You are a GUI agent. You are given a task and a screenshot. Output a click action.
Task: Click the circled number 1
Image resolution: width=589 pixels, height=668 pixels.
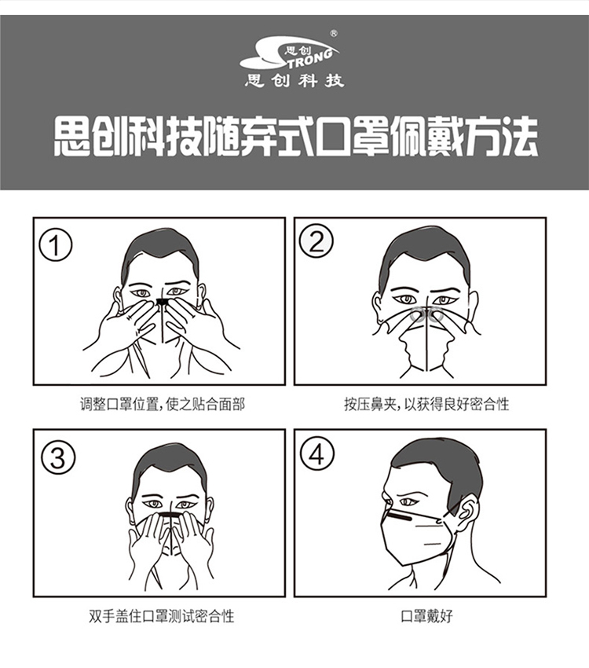tap(56, 246)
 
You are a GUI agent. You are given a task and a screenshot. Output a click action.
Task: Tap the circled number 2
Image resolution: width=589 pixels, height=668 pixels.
tap(316, 241)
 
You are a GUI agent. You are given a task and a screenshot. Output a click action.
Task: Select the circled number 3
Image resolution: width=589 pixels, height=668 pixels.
tap(58, 457)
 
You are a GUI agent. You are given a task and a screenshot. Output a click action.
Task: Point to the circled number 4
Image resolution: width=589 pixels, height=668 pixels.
tap(317, 454)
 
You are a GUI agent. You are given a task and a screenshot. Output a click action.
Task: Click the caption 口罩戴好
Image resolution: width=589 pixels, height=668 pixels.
tap(427, 616)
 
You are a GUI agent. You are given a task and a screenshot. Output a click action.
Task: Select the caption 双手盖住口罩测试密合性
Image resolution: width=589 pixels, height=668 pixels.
tap(162, 616)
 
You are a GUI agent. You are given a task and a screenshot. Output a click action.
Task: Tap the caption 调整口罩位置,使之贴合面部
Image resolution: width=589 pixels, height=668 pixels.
tap(163, 404)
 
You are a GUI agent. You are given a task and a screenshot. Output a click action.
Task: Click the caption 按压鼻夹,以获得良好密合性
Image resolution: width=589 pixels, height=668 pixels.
tap(427, 404)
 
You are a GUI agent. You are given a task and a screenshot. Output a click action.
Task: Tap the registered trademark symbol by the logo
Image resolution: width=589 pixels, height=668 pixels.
tap(334, 33)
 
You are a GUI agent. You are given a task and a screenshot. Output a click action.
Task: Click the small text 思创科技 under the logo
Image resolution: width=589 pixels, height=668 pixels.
tap(294, 80)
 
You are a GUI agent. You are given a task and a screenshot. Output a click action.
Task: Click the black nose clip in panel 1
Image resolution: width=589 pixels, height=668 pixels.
tap(163, 302)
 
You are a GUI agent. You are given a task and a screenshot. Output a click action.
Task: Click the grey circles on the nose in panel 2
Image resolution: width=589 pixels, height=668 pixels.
tap(427, 315)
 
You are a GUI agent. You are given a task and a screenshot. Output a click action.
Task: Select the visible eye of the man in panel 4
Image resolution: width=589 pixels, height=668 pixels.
tap(409, 502)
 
